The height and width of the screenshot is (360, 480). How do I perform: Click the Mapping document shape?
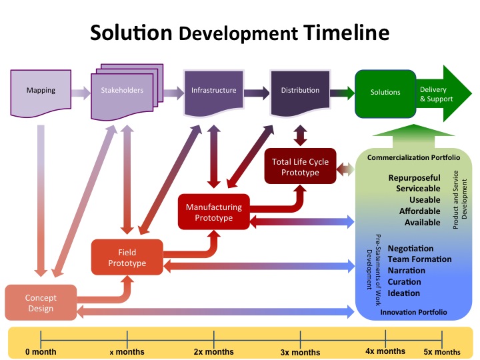point(41,91)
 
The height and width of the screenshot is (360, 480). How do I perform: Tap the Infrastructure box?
point(213,91)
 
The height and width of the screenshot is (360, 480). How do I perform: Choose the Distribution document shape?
point(299,91)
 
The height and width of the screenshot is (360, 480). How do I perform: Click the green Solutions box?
point(385,92)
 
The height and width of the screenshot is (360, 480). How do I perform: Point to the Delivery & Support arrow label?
point(437,94)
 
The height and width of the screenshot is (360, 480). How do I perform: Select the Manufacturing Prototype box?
point(213,211)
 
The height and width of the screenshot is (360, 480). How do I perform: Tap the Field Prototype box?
point(127,257)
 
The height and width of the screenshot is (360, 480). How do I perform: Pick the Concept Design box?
point(41,302)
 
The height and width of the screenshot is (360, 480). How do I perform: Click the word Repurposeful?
point(414,178)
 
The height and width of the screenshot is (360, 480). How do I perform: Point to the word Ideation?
point(404,293)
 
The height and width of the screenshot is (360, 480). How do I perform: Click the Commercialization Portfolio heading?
point(413,158)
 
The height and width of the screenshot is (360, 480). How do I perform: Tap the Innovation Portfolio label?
point(413,311)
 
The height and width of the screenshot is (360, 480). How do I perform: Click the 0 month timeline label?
point(41,351)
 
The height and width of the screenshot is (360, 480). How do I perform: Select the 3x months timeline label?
point(300,352)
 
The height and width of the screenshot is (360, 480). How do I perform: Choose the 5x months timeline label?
point(442,351)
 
